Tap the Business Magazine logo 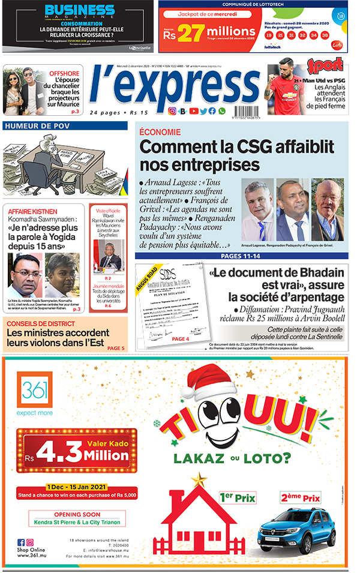[x=80, y=12]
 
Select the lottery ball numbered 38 [x=325, y=36]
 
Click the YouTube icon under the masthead [x=193, y=111]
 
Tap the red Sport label [x=325, y=65]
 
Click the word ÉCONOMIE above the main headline [x=160, y=132]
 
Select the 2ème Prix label [x=300, y=497]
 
